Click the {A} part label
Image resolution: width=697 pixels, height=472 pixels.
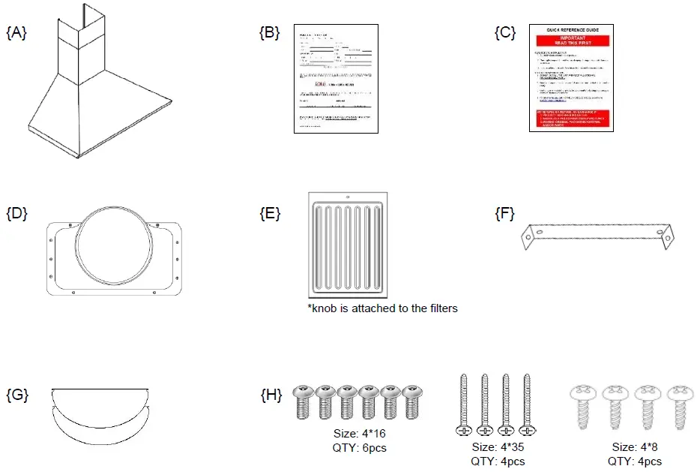point(16,32)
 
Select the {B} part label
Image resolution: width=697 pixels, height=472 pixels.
point(269,32)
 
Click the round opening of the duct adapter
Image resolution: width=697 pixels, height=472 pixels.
point(116,246)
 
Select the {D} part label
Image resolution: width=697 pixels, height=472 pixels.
point(16,213)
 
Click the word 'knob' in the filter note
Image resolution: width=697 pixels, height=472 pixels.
point(326,308)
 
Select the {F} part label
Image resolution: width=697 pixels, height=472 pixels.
point(504,213)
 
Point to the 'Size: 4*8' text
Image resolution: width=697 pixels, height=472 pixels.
point(634,447)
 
